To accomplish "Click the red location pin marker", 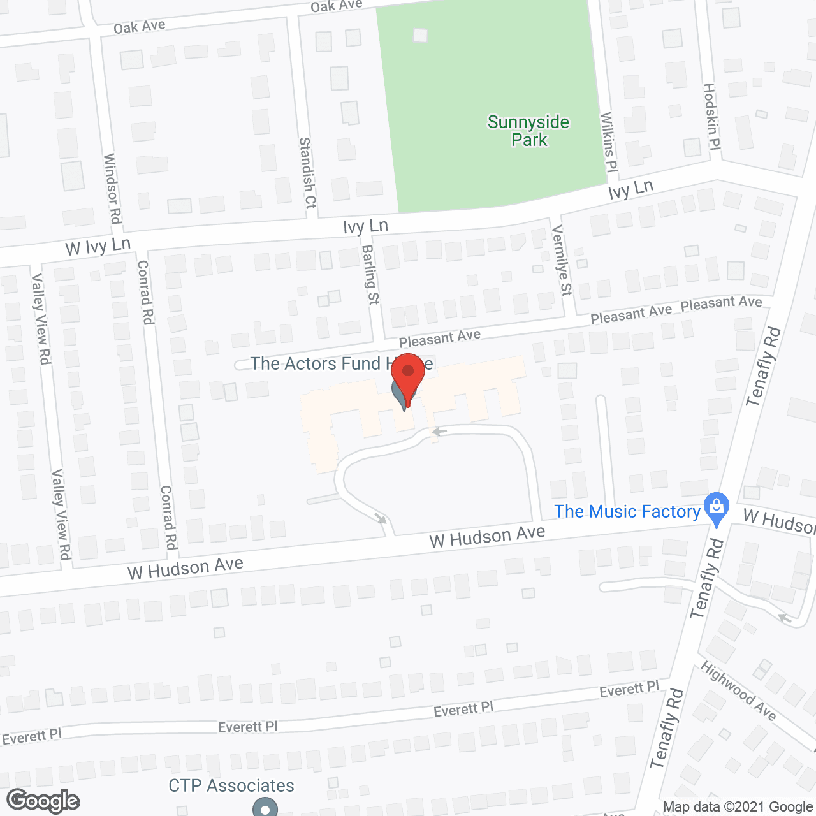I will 408,376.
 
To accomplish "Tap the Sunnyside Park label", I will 528,131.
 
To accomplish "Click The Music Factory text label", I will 627,511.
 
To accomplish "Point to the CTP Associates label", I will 231,785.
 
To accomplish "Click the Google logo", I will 43,801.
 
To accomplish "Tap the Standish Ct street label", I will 307,173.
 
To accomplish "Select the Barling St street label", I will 370,275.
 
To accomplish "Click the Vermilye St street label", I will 562,260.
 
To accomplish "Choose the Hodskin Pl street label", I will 711,117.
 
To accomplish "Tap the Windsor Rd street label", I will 112,188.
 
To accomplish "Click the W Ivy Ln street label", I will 98,246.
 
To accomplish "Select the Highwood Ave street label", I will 738,691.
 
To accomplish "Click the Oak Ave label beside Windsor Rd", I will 140,27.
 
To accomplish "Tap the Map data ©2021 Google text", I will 738,807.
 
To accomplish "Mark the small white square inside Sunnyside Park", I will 420,36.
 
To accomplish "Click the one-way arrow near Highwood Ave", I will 784,617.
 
